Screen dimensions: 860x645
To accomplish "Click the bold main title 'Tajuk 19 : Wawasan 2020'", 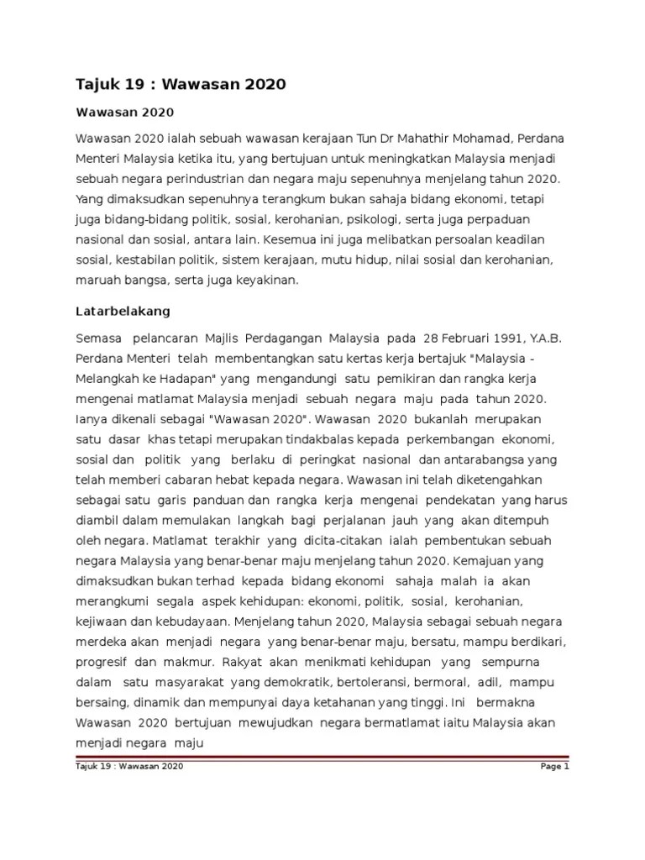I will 181,84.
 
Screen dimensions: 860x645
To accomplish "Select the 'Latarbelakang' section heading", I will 123,311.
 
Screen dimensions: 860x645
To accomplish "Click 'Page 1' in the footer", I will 556,767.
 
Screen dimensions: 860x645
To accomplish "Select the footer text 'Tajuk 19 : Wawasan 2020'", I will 129,767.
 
